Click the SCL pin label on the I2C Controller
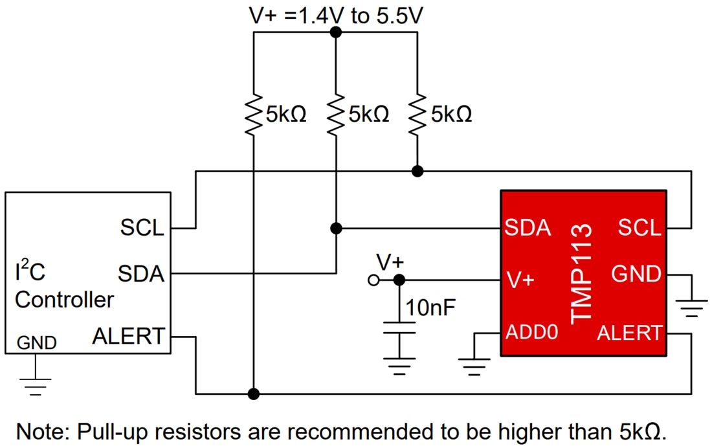[x=142, y=228]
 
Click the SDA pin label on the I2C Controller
[x=140, y=274]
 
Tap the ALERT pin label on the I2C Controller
[x=128, y=336]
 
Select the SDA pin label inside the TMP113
[x=528, y=228]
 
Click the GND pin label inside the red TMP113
[x=636, y=274]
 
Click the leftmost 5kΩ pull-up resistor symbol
[x=254, y=115]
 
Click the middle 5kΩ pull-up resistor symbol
[x=335, y=115]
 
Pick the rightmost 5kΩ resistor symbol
[x=417, y=115]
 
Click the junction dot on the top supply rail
[x=335, y=32]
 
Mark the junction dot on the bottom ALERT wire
[x=254, y=393]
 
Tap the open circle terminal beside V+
[x=372, y=280]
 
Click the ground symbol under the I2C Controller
[x=34, y=385]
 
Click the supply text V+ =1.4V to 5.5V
[x=336, y=16]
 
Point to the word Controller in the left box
[x=64, y=300]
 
